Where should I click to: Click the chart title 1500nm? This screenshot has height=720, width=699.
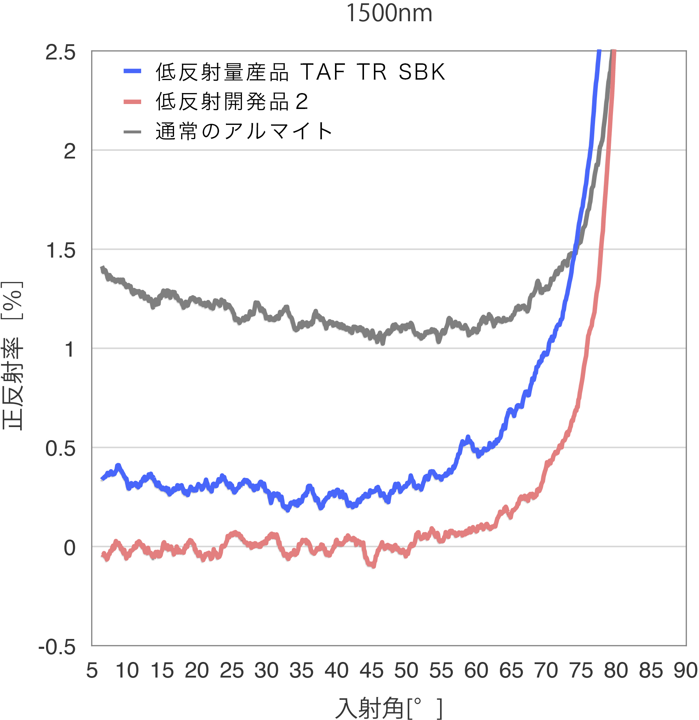point(389,13)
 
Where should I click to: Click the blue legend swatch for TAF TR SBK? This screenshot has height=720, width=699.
point(132,71)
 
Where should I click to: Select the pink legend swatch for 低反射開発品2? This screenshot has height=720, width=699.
point(132,102)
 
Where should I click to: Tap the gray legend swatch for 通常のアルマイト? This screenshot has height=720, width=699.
point(132,132)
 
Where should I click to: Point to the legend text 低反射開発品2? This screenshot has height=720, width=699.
point(231,102)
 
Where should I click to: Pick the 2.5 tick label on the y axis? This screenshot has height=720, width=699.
point(60,52)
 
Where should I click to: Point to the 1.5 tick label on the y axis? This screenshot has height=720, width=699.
point(60,251)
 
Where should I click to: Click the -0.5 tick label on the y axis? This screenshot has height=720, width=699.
point(57,647)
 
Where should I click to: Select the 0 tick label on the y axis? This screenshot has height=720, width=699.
point(69,548)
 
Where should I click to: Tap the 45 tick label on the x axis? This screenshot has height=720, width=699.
point(371,670)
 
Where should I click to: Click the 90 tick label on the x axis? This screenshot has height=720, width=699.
point(686,670)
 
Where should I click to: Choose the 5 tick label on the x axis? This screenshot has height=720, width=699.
point(92,670)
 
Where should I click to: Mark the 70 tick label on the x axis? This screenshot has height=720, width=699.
point(546,670)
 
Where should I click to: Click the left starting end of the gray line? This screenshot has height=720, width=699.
point(103,269)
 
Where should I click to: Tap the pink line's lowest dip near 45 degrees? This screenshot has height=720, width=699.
point(373,565)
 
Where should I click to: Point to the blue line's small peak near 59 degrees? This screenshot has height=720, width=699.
point(468,438)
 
